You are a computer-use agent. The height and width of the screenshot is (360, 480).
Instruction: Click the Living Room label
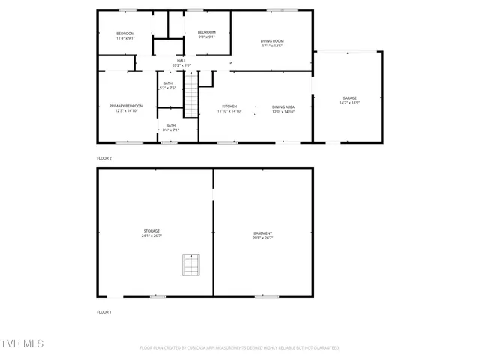pyautogui.click(x=272, y=43)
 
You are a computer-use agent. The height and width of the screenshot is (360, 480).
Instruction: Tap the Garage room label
pyautogui.click(x=349, y=100)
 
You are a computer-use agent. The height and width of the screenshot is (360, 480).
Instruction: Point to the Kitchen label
pyautogui.click(x=229, y=109)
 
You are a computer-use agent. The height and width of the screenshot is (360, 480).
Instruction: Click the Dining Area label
pyautogui.click(x=283, y=109)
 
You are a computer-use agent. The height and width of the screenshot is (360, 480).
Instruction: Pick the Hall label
pyautogui.click(x=181, y=62)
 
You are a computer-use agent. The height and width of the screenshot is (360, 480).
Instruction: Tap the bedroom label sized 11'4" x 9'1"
pyautogui.click(x=125, y=35)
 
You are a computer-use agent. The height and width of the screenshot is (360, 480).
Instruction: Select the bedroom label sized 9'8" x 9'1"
pyautogui.click(x=206, y=34)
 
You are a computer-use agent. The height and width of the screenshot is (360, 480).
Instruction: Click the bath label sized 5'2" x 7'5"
pyautogui.click(x=167, y=85)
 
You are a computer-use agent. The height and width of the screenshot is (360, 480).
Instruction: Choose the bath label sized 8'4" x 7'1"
pyautogui.click(x=170, y=127)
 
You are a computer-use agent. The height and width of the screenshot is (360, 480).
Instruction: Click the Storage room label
pyautogui.click(x=151, y=232)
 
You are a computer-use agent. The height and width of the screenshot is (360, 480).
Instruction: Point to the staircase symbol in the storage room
pyautogui.click(x=191, y=265)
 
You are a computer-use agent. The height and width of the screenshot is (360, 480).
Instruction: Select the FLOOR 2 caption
pyautogui.click(x=104, y=158)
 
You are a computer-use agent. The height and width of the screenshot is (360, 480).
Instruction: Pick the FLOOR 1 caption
pyautogui.click(x=104, y=311)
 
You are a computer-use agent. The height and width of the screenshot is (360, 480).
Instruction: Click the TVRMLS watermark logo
pyautogui.click(x=22, y=343)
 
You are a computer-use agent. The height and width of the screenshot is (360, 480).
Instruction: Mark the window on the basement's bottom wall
pyautogui.click(x=266, y=296)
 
